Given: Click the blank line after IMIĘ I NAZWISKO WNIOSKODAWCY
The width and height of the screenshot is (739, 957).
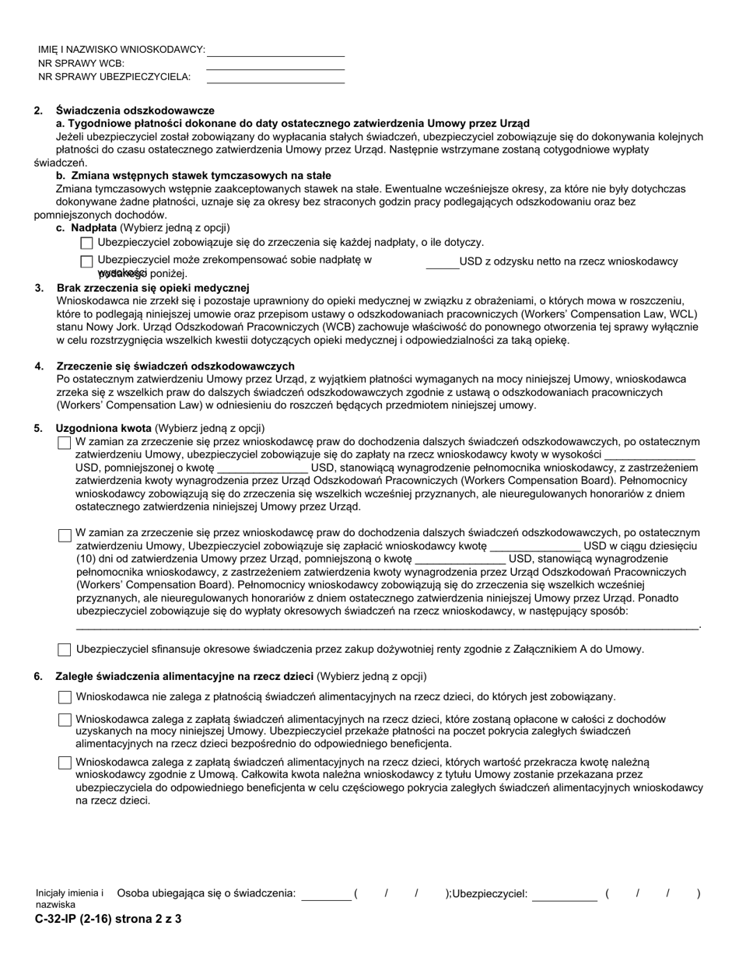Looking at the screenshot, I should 275,51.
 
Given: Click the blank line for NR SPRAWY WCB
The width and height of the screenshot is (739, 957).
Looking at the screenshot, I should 275,64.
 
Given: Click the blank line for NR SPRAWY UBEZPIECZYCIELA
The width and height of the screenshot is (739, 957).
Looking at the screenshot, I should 275,77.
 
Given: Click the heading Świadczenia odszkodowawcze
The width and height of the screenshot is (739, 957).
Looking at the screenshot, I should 135,110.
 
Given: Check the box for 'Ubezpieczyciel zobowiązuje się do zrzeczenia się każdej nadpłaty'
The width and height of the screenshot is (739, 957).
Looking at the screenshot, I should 86,244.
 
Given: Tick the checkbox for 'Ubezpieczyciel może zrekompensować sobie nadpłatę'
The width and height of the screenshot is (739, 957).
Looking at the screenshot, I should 86,261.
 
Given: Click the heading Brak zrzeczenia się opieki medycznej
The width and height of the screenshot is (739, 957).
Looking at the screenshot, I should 152,288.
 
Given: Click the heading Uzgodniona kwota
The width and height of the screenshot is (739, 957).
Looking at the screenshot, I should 103,428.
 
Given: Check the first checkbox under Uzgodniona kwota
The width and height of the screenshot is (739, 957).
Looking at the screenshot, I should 65,443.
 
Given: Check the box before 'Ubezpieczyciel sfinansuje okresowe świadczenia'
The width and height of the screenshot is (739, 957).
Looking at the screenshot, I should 65,650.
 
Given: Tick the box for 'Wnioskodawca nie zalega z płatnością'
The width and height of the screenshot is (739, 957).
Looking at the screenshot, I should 65,697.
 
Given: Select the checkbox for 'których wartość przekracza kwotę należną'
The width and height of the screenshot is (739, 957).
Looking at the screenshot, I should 65,763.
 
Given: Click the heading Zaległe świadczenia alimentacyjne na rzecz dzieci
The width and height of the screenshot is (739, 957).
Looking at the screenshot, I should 184,676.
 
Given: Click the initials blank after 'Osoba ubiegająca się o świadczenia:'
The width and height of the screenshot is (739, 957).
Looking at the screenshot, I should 325,895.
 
